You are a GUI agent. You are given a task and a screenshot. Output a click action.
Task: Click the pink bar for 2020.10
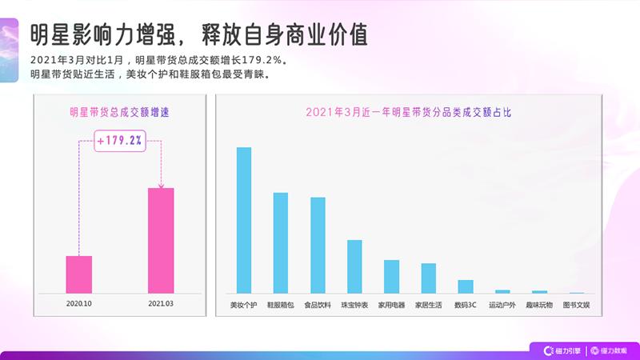[78, 274]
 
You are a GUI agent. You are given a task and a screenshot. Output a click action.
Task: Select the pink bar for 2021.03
[161, 240]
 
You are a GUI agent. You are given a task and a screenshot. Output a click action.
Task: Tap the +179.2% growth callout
[120, 141]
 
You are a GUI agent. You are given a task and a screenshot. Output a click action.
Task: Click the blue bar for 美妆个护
[244, 220]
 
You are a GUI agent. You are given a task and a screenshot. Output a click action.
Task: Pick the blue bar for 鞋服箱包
[280, 242]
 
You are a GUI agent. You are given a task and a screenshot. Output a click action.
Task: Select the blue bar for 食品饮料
[318, 245]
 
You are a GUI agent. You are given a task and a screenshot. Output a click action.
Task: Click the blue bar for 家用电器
[391, 276]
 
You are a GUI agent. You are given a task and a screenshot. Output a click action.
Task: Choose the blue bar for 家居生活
[428, 278]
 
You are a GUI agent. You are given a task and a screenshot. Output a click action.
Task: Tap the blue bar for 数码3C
[466, 286]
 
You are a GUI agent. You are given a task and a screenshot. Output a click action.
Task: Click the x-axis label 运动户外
[502, 305]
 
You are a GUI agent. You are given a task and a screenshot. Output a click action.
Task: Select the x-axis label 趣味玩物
[539, 305]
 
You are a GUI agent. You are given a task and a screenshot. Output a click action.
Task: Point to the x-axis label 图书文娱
[576, 305]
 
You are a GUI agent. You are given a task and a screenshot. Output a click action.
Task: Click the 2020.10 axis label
[78, 305]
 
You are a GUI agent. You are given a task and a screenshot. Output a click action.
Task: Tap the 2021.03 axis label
[161, 305]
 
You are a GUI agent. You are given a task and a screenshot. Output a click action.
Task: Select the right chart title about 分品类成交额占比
[408, 113]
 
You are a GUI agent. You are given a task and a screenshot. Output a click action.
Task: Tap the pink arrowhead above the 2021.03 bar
[161, 185]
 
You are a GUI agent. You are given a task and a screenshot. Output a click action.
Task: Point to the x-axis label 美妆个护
[243, 305]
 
